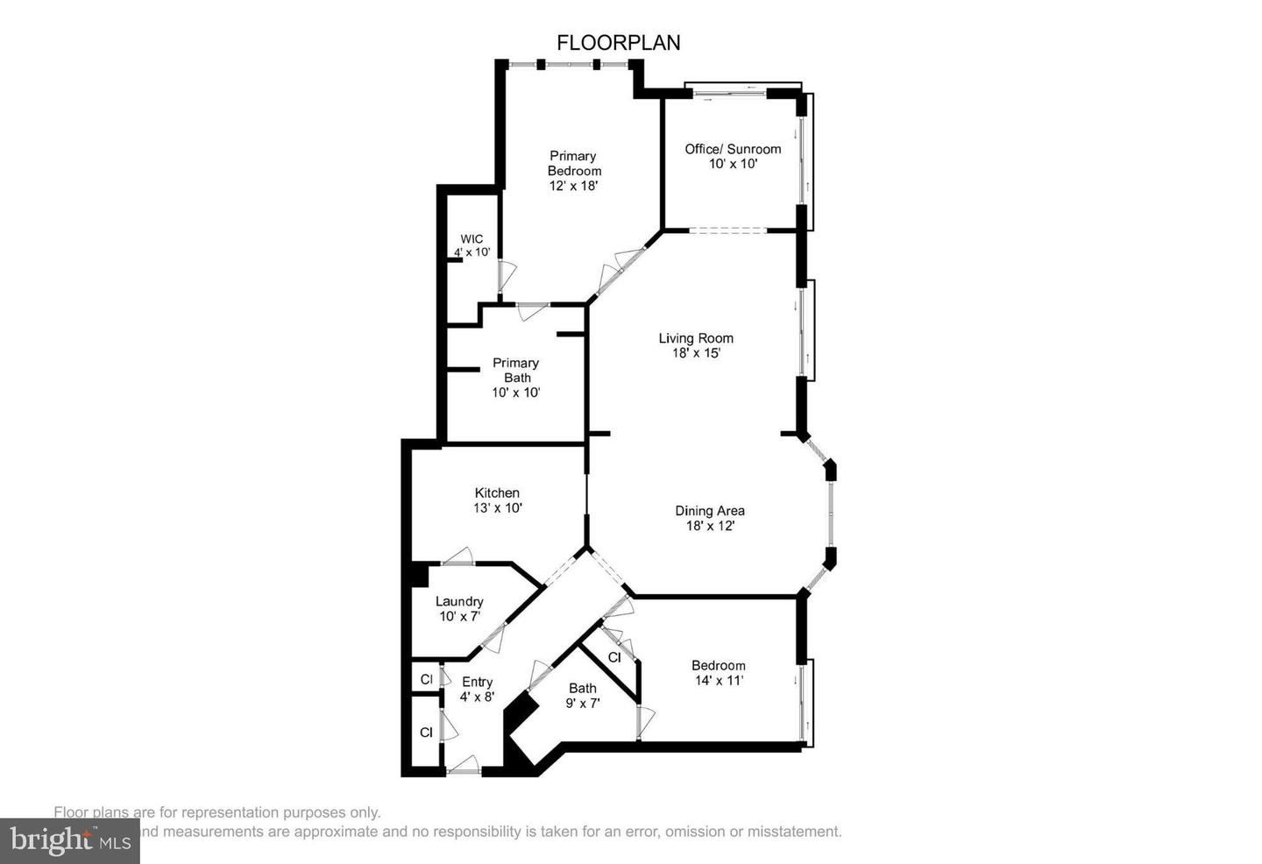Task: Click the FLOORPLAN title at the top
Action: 619,43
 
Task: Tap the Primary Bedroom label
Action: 574,170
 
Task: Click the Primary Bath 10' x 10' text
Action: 515,378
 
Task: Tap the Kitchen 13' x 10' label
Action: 498,499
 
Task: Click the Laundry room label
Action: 459,608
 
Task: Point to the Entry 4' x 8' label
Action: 477,689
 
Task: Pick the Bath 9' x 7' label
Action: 582,695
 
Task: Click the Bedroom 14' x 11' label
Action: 718,672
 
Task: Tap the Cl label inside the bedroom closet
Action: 614,657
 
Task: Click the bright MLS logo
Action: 70,841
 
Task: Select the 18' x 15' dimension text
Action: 696,353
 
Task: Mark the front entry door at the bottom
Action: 464,768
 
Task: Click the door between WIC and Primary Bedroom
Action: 504,277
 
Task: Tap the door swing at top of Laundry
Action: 457,556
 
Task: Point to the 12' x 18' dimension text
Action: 574,186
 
